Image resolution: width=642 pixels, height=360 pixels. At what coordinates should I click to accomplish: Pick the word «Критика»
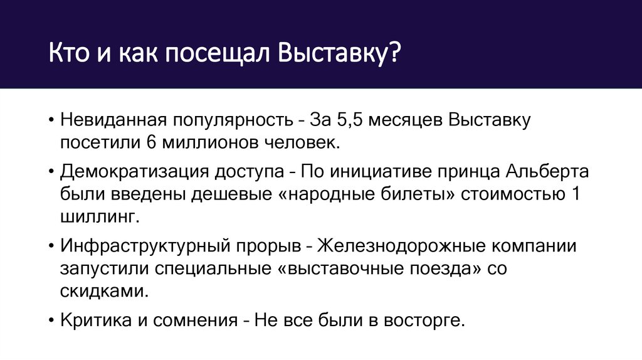coord(95,320)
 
